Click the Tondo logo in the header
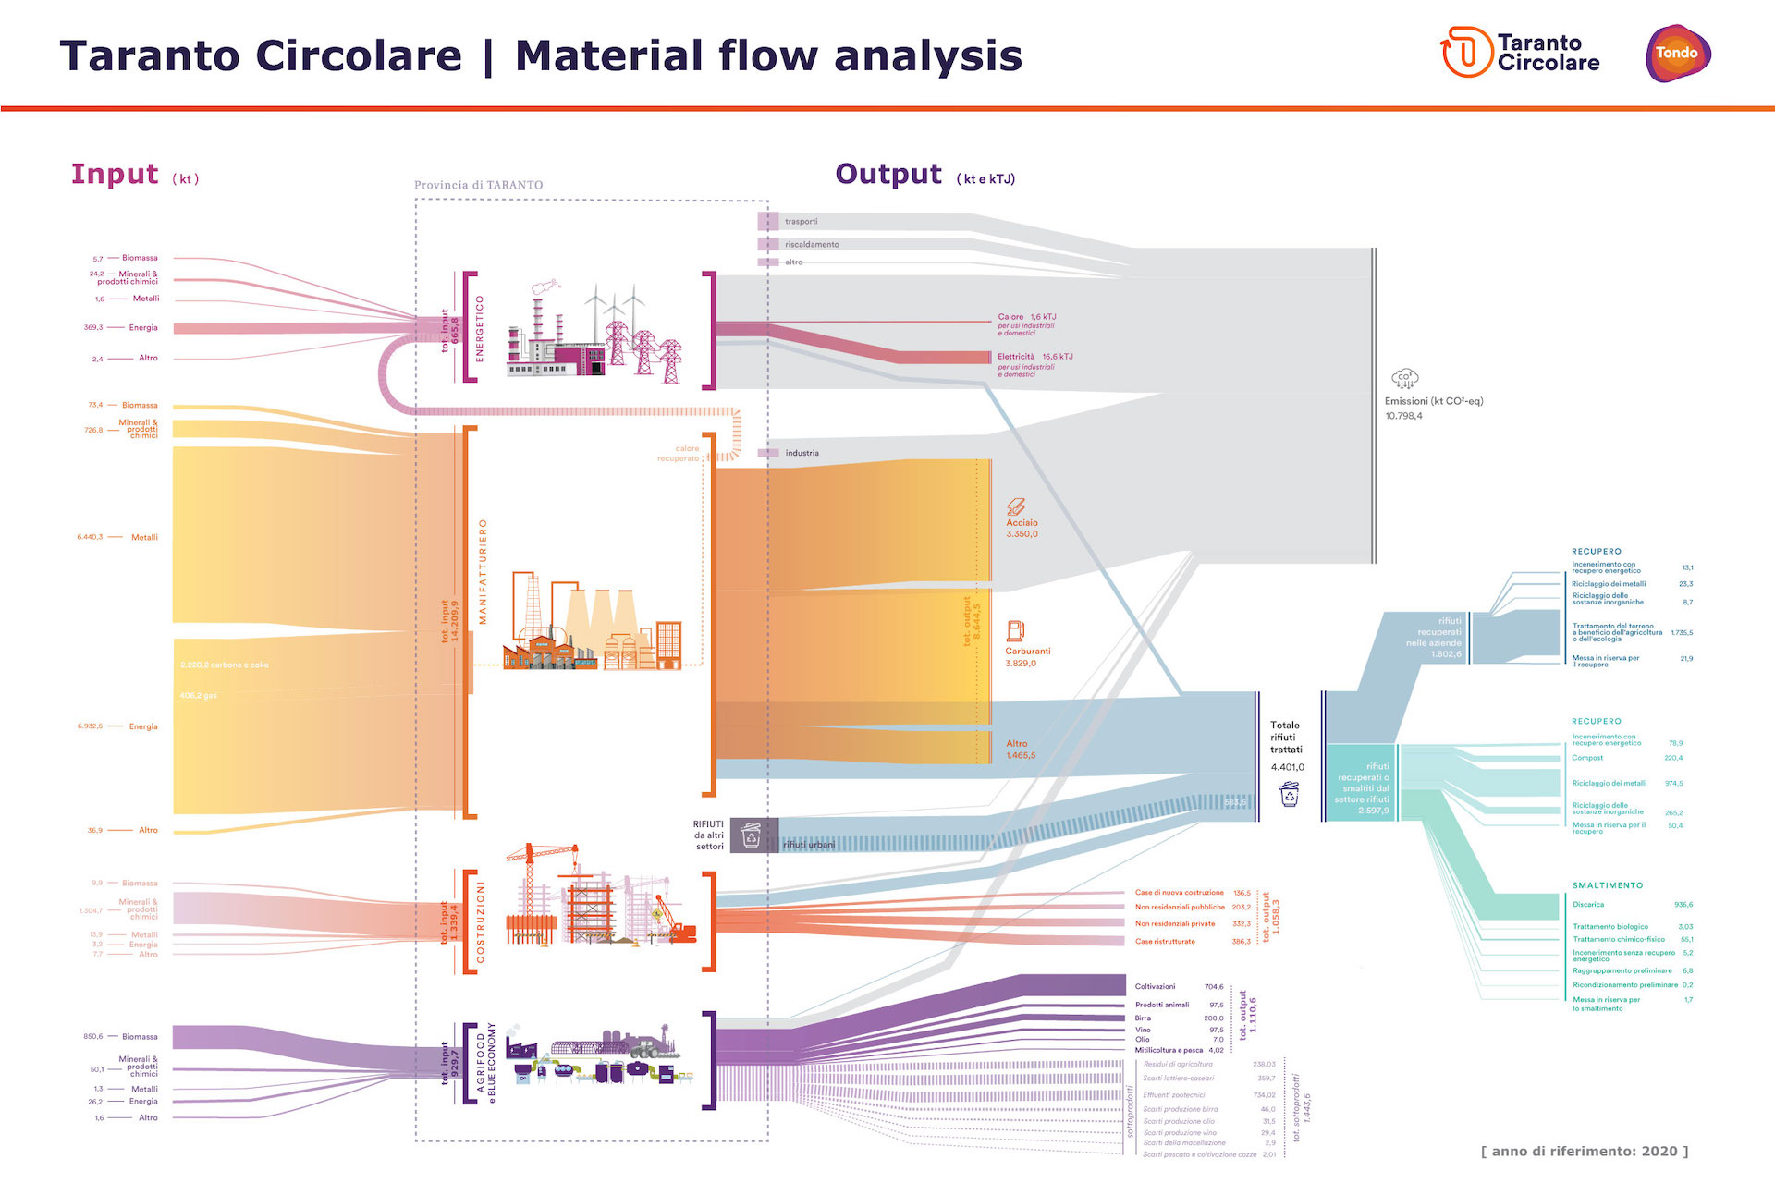pyautogui.click(x=1677, y=53)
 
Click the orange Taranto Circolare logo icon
pyautogui.click(x=1466, y=52)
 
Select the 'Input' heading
pyautogui.click(x=115, y=174)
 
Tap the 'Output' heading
pyautogui.click(x=888, y=174)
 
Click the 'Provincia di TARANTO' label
pyautogui.click(x=478, y=185)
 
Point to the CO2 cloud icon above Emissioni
pyautogui.click(x=1404, y=378)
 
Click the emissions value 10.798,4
pyautogui.click(x=1403, y=416)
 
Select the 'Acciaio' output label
pyautogui.click(x=1022, y=522)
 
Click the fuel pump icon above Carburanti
pyautogui.click(x=1015, y=631)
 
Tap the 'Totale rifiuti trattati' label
pyautogui.click(x=1285, y=737)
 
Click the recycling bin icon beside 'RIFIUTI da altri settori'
pyautogui.click(x=752, y=835)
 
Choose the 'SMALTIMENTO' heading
pyautogui.click(x=1608, y=885)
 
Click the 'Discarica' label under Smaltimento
pyautogui.click(x=1588, y=905)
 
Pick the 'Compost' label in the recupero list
pyautogui.click(x=1587, y=758)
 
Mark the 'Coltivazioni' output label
pyautogui.click(x=1155, y=986)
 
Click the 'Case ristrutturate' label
pyautogui.click(x=1165, y=942)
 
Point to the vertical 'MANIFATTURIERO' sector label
pyautogui.click(x=483, y=571)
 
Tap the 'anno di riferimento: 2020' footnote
pyautogui.click(x=1585, y=1151)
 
